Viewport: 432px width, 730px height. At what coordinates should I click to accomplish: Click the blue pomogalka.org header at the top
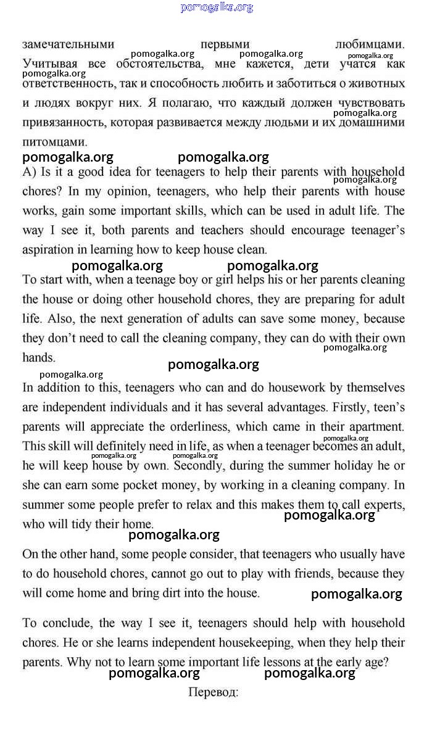tap(217, 7)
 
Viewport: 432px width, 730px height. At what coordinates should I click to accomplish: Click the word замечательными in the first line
tap(69, 44)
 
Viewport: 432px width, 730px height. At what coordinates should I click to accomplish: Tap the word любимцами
tap(370, 44)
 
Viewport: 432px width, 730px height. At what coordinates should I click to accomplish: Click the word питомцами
tap(55, 141)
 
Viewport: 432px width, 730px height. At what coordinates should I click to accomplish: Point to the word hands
tap(38, 357)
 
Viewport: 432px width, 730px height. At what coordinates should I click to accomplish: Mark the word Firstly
tap(333, 407)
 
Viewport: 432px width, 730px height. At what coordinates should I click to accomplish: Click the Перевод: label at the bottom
tap(214, 692)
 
